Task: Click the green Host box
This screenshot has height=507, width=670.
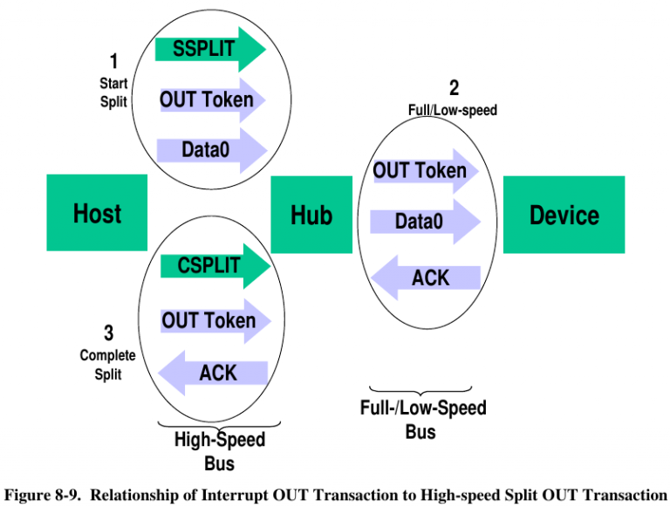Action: (x=97, y=214)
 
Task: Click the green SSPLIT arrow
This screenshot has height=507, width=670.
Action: (x=209, y=49)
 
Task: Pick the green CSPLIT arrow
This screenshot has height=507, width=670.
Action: (x=214, y=265)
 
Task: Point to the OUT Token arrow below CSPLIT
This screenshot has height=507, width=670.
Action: (x=213, y=320)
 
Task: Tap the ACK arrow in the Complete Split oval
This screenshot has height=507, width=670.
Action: (x=213, y=373)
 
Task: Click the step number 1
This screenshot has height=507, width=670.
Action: (x=113, y=61)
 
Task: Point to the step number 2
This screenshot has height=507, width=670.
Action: (x=454, y=88)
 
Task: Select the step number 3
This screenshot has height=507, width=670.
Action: (x=108, y=333)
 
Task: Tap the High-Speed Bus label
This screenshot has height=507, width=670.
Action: (x=219, y=450)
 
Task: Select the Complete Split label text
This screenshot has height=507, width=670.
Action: (x=108, y=365)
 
